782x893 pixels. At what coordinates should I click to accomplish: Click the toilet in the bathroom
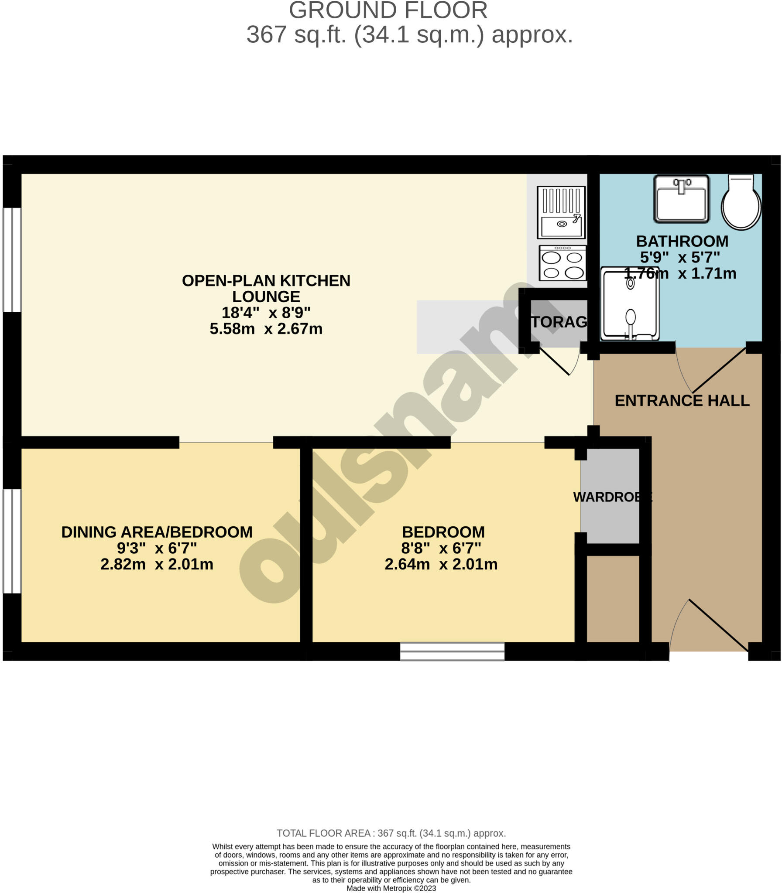(741, 202)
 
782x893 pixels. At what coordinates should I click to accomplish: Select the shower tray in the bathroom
(629, 304)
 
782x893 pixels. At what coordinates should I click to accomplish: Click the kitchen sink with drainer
(561, 212)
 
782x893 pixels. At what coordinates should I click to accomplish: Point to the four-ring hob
(562, 263)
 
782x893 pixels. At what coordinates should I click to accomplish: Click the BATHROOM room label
(682, 241)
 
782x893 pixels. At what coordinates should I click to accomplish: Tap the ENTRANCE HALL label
(682, 400)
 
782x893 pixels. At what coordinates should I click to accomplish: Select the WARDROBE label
(612, 497)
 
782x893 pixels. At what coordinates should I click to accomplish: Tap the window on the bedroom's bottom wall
(452, 651)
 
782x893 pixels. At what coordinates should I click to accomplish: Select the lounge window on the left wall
(12, 259)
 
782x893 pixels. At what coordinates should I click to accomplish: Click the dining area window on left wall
(12, 541)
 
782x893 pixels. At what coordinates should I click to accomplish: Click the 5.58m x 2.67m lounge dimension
(266, 328)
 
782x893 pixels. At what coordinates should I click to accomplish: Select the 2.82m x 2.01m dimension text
(157, 564)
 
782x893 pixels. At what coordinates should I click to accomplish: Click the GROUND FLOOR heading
(388, 10)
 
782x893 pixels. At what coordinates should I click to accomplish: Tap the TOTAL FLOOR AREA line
(391, 833)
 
